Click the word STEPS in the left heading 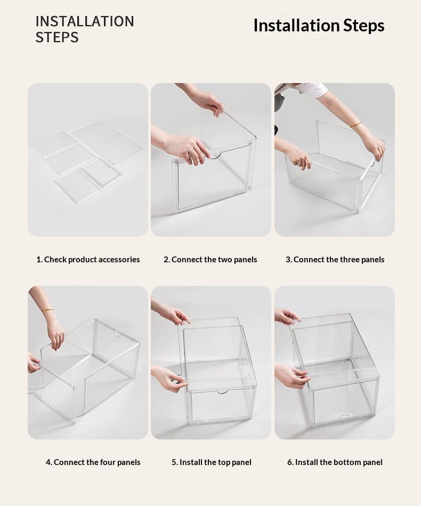57,37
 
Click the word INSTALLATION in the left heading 85,21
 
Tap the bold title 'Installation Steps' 319,26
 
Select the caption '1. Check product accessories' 88,260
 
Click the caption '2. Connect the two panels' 210,260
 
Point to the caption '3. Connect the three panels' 335,260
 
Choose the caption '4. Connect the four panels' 93,462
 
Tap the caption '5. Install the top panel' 212,462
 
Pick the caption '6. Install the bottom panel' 335,462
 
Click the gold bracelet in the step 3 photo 356,125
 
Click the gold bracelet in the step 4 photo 47,310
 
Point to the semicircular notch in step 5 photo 222,393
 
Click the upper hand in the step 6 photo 286,316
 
